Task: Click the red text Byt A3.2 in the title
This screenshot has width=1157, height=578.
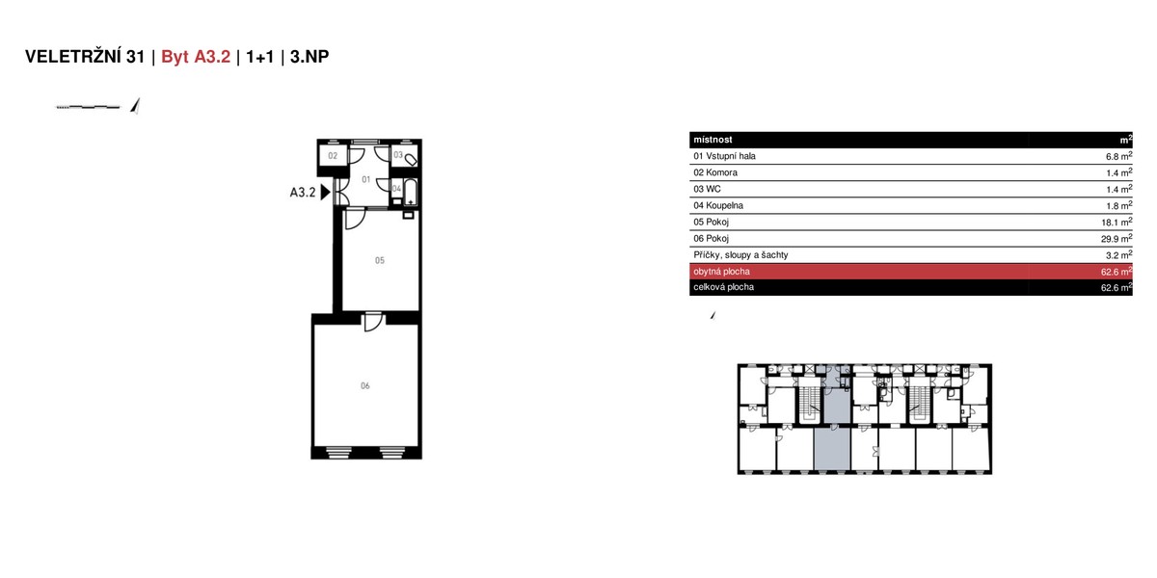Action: (x=196, y=57)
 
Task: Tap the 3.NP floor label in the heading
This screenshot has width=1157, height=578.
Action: (x=309, y=56)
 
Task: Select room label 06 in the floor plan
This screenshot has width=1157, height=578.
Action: (x=365, y=385)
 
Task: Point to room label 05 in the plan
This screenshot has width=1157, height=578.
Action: (x=380, y=261)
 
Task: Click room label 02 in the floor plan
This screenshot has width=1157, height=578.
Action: (x=333, y=156)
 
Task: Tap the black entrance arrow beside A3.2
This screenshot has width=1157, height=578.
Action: (x=326, y=192)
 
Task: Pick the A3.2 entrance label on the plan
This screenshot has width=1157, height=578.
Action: (x=302, y=193)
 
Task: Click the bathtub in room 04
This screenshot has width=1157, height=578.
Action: (x=410, y=192)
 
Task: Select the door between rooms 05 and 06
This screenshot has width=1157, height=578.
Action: (x=373, y=321)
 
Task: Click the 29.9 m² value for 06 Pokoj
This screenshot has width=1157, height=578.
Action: (x=1117, y=239)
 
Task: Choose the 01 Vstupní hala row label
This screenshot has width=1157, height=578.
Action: (x=724, y=156)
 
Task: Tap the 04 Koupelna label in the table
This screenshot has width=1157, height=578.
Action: (x=718, y=205)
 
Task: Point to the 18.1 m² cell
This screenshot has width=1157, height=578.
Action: (x=1117, y=222)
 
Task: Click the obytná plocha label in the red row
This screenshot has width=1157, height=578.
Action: (x=721, y=272)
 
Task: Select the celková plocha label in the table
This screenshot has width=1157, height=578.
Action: (x=723, y=287)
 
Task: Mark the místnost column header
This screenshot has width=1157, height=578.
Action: (x=713, y=140)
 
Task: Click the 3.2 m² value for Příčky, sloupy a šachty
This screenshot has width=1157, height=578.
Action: (x=1118, y=255)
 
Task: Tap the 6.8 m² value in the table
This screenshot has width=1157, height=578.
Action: (x=1118, y=156)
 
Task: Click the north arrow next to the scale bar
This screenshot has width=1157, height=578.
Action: (x=135, y=105)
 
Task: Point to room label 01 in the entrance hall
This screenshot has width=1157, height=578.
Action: (x=365, y=179)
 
